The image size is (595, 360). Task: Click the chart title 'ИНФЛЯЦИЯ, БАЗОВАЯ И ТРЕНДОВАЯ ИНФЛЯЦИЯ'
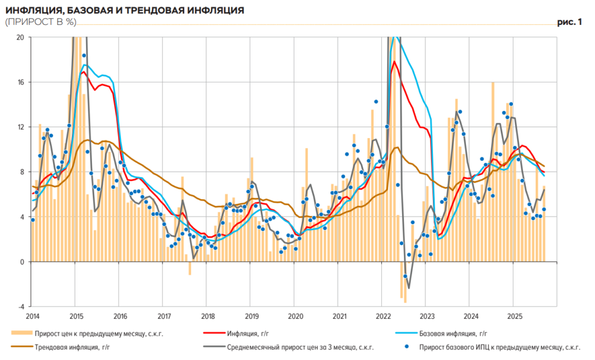124,10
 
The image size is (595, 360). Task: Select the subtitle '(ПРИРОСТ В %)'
40,21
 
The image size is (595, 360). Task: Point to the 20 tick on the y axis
20,37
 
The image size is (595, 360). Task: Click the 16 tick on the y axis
20,82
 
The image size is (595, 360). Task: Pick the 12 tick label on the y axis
20,127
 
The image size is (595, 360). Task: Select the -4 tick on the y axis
20,307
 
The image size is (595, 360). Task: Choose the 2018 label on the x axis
207,316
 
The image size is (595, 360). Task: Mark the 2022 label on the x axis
382,316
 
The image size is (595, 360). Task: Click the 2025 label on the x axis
514,316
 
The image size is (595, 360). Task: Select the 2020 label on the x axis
295,316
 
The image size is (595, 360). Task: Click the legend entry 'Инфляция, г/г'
250,334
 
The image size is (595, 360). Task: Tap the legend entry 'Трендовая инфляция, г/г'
73,347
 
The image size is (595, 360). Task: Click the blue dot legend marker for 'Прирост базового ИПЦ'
407,347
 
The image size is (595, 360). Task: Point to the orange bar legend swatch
21,334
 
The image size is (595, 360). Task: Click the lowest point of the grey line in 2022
408,288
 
